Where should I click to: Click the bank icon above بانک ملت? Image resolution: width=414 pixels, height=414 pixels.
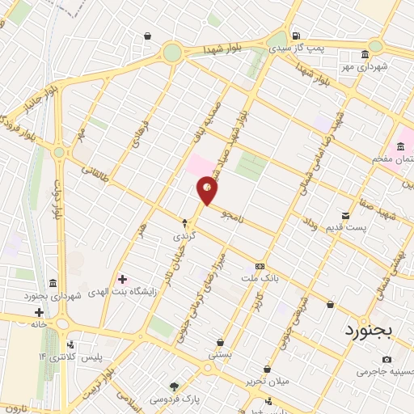[x=260, y=266]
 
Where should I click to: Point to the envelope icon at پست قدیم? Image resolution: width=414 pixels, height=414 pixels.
[x=346, y=215]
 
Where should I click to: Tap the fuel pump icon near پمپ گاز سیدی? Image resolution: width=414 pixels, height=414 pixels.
[x=298, y=36]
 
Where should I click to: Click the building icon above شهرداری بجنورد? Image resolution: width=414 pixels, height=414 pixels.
[x=53, y=283]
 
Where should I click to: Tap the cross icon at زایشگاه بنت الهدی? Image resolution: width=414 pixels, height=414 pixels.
[x=123, y=278]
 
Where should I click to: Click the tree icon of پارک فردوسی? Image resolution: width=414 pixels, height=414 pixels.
[x=172, y=386]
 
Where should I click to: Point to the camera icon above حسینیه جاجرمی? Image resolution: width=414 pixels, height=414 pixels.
[x=387, y=359]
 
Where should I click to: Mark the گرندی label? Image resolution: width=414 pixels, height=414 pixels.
[x=184, y=237]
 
